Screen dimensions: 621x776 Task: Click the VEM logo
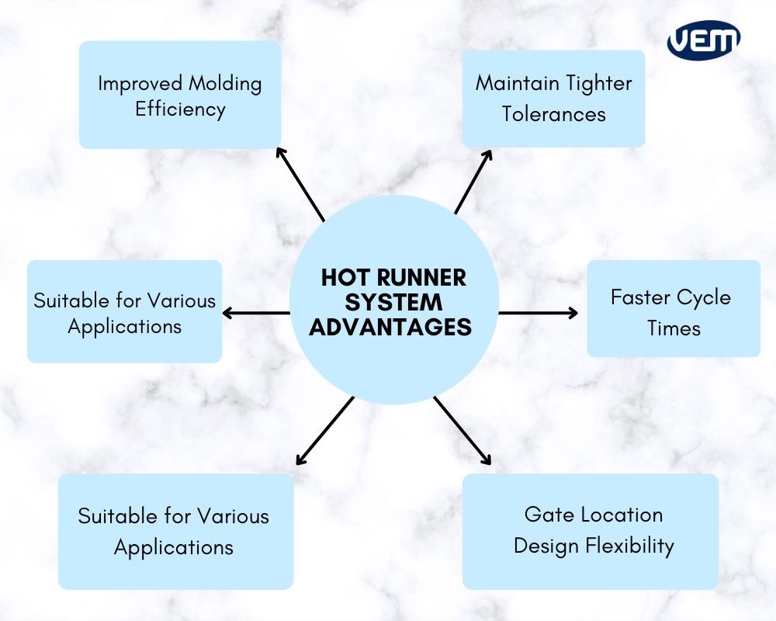pos(703,40)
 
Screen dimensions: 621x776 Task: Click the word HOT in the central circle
pos(343,278)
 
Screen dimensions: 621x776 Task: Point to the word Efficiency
pos(180,109)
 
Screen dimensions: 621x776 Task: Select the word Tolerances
pos(553,114)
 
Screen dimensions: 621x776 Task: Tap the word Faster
pos(639,297)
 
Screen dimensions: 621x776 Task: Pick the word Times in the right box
pos(674,328)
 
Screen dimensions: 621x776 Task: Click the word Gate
pos(546,515)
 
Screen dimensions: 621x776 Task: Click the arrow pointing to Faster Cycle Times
pos(538,314)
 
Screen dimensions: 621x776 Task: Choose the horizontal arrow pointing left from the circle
pos(256,314)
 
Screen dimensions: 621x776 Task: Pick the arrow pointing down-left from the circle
pos(324,432)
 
